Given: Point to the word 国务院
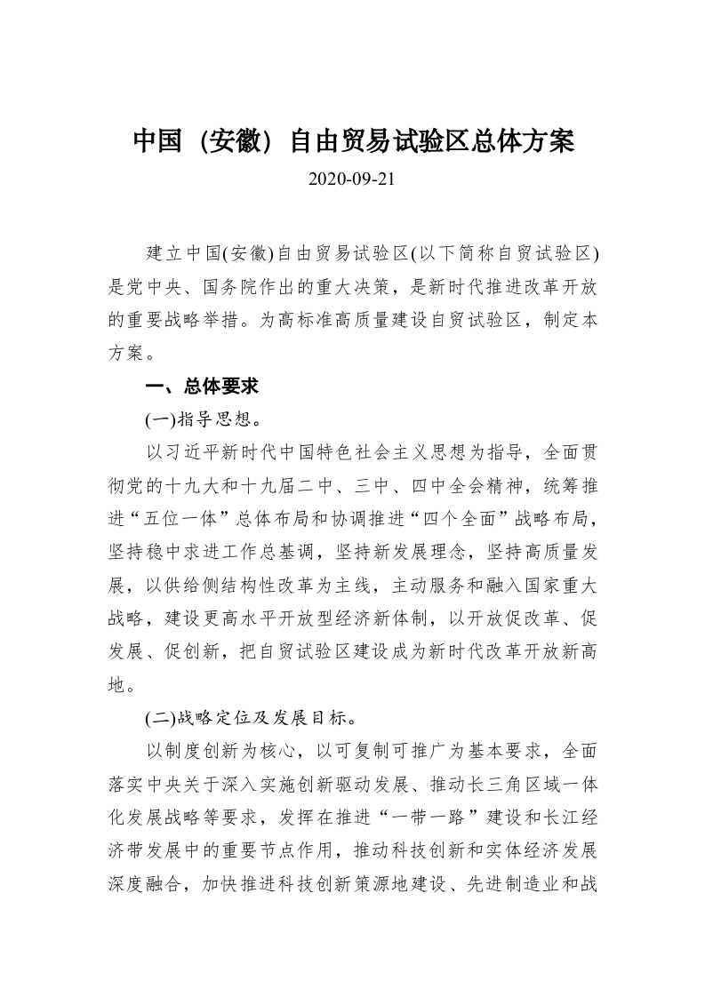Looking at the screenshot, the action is click(x=221, y=287).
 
